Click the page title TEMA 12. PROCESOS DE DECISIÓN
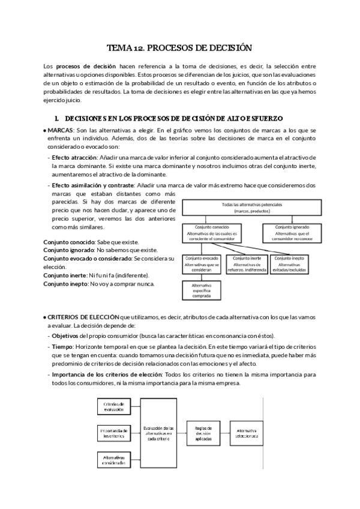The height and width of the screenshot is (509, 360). coord(179,47)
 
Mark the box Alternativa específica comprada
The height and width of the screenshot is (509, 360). coord(202,291)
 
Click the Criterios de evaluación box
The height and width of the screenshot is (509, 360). coord(114,407)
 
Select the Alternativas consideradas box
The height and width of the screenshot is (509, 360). coord(114,459)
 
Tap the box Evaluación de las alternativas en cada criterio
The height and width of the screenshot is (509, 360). coord(159,433)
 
